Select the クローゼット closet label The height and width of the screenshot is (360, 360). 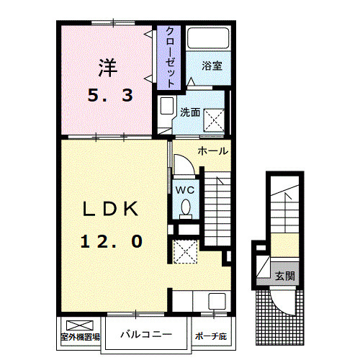click(x=170, y=56)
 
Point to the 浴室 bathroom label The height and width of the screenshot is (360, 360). click(x=211, y=66)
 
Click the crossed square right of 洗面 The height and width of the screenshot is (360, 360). click(x=214, y=117)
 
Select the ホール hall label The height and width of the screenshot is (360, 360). click(x=212, y=151)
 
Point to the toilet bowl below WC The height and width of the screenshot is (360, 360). click(x=186, y=207)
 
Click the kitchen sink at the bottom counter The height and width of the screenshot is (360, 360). click(x=215, y=301)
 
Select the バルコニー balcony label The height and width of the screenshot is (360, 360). click(x=146, y=334)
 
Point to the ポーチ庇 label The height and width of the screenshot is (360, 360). click(x=212, y=336)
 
